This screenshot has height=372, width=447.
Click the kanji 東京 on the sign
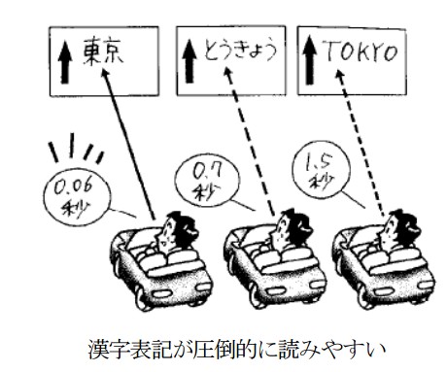tap(103, 51)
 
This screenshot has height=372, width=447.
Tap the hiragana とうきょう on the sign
tap(240, 51)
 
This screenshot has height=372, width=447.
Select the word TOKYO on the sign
tap(361, 51)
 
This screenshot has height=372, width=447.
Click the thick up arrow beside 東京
tap(65, 62)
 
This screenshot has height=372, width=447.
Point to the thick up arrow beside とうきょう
tap(189, 61)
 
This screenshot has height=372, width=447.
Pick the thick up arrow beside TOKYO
tap(310, 60)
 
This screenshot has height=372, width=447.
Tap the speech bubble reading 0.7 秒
tap(207, 182)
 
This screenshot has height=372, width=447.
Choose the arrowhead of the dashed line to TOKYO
tap(339, 76)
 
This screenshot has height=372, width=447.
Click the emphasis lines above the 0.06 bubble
tap(76, 148)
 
